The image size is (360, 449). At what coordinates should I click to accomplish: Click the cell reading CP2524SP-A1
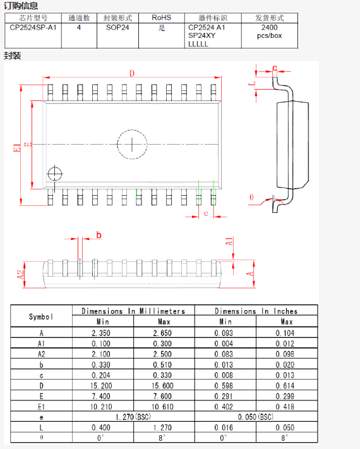[33, 28]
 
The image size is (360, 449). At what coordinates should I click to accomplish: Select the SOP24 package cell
[117, 28]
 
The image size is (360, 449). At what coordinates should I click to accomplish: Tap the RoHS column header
[162, 18]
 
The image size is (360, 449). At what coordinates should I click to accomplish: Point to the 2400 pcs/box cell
[270, 32]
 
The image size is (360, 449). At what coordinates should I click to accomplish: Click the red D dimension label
[132, 73]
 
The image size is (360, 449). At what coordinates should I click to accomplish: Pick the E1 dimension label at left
[17, 148]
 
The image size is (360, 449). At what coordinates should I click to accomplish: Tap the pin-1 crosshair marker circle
[55, 174]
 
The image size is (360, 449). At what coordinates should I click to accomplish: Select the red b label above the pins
[99, 235]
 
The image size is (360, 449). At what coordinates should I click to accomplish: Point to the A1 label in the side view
[229, 241]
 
